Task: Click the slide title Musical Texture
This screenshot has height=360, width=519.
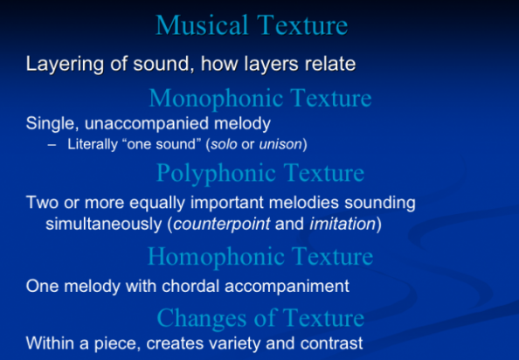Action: click(x=252, y=24)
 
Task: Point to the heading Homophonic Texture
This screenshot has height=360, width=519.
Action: click(x=259, y=256)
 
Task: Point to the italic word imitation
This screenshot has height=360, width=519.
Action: click(x=342, y=224)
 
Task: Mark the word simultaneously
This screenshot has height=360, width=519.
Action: click(x=95, y=224)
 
